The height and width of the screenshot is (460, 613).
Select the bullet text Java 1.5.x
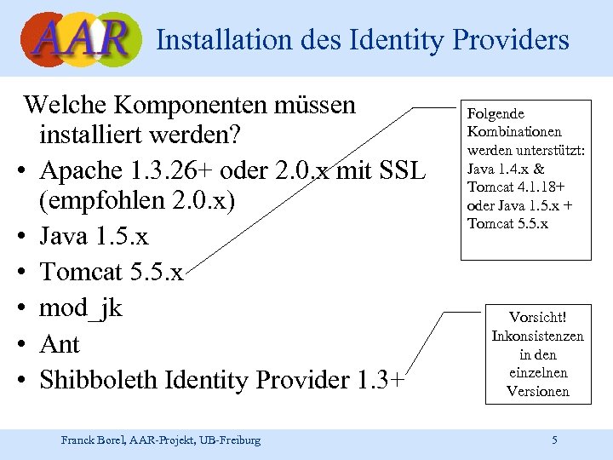click(x=94, y=236)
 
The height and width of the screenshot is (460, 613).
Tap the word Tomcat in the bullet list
click(x=82, y=272)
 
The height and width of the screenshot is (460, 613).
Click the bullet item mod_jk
click(x=82, y=308)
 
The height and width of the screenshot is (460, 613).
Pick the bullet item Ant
click(x=60, y=344)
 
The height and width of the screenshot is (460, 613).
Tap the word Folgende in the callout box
click(x=496, y=113)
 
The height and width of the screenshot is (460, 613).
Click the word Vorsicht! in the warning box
click(x=537, y=317)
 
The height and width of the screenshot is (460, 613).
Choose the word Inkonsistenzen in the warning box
click(x=537, y=336)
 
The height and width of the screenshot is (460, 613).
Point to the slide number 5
click(x=554, y=440)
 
